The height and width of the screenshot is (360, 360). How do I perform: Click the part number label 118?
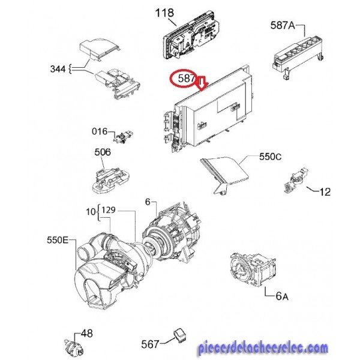[x=164, y=13]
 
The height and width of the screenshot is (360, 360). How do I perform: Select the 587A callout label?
[x=283, y=25]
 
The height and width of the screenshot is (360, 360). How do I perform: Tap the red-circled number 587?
[x=186, y=78]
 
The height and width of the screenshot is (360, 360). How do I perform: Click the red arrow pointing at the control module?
[x=202, y=84]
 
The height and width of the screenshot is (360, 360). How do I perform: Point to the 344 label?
[x=58, y=68]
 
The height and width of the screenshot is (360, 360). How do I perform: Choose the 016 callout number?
[x=100, y=131]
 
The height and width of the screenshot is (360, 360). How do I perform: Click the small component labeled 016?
[x=124, y=137]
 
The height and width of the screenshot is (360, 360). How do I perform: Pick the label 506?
[x=103, y=152]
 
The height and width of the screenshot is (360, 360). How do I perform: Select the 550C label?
[x=270, y=157]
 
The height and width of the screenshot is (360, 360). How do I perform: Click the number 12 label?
[x=325, y=192]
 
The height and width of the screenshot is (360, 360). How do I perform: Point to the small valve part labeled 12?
[x=296, y=180]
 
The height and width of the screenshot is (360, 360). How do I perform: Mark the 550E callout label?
[x=58, y=240]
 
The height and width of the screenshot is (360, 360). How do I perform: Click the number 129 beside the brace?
[x=109, y=210]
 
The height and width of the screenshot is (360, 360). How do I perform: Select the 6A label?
[x=282, y=296]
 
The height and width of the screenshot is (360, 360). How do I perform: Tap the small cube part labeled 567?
[x=180, y=336]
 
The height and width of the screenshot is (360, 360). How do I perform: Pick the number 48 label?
[x=86, y=334]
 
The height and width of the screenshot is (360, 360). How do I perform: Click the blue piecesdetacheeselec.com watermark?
[x=263, y=348]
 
